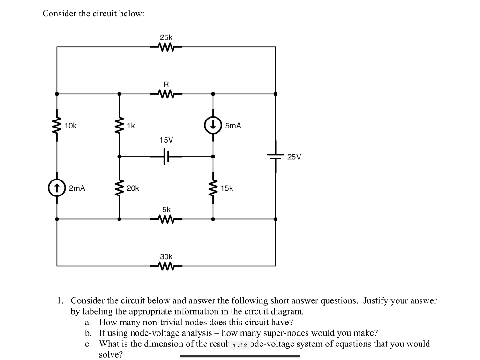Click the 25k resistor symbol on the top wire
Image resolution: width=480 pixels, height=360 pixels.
(166, 47)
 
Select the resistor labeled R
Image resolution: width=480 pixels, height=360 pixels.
(166, 94)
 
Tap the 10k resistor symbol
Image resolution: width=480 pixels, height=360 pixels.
(57, 125)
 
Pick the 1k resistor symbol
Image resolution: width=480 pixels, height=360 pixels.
(119, 125)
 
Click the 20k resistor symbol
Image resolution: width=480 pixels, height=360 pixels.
(119, 188)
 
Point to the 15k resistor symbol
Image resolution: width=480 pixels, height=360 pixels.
(213, 188)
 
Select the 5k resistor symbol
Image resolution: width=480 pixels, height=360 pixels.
(166, 219)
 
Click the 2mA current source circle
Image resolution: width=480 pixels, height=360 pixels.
(57, 188)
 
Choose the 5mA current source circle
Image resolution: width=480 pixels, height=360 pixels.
(213, 125)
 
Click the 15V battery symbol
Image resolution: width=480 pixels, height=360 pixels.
(166, 157)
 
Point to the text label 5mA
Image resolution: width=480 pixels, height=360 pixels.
(233, 126)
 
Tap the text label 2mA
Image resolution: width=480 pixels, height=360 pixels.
(77, 188)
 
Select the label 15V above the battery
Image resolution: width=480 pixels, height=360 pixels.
(166, 140)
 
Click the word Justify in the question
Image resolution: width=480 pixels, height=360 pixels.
(378, 300)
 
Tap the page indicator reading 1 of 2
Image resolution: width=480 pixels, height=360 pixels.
(240, 345)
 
